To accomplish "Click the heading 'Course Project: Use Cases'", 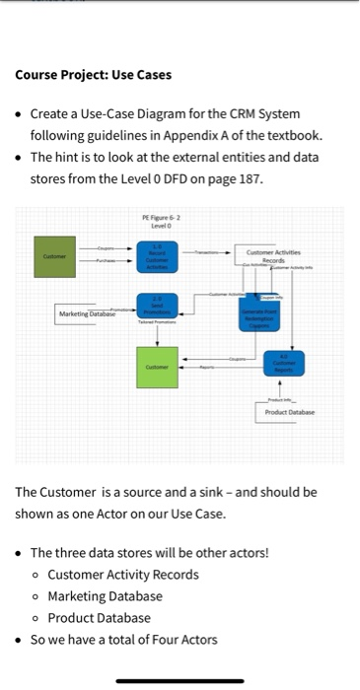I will point(93,75).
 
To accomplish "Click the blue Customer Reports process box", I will point(285,364).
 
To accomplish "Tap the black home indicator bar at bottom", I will point(180,680).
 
